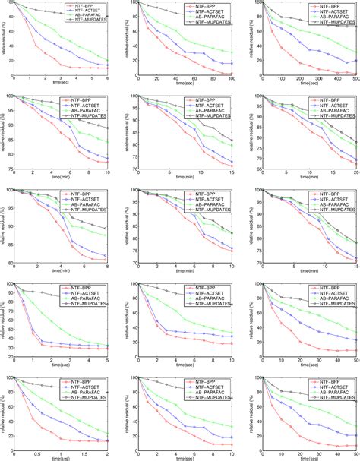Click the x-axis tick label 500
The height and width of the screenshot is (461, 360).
(355, 79)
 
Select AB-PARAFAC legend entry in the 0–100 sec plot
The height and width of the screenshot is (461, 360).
(210, 16)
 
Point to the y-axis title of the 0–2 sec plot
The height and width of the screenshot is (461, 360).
(3, 412)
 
